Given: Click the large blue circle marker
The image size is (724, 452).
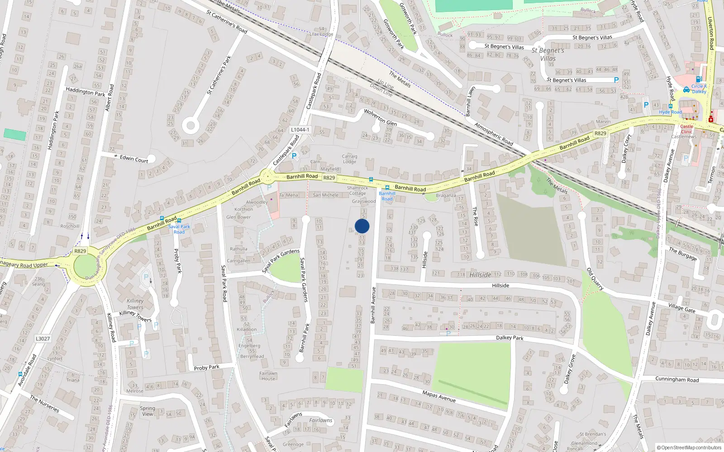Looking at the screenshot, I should (x=362, y=226).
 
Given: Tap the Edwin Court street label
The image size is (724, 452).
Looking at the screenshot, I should (x=134, y=159).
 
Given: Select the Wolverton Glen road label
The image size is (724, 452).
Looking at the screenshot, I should (x=380, y=117).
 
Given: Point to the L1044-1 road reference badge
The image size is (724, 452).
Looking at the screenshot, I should (x=300, y=130).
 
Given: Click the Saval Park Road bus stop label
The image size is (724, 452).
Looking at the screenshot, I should (x=179, y=229).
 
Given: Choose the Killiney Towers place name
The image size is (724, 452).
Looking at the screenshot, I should (x=135, y=304).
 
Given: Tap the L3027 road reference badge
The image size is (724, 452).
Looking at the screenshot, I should (x=43, y=339).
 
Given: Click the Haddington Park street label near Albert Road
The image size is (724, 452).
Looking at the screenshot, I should (x=86, y=92).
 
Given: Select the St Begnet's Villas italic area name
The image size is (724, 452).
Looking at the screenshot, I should (x=548, y=54).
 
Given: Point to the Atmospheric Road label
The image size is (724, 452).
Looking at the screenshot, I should (x=494, y=134).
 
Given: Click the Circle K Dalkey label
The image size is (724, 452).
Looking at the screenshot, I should (x=699, y=89).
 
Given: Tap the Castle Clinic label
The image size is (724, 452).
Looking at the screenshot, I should (x=686, y=129).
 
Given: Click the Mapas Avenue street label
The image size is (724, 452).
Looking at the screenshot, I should (x=438, y=396).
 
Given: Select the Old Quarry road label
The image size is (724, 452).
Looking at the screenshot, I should (x=595, y=279).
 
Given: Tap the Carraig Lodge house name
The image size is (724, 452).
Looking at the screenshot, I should (x=349, y=159).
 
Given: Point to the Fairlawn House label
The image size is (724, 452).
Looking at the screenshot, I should (x=268, y=376).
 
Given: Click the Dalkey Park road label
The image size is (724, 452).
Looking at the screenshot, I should (x=510, y=338).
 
